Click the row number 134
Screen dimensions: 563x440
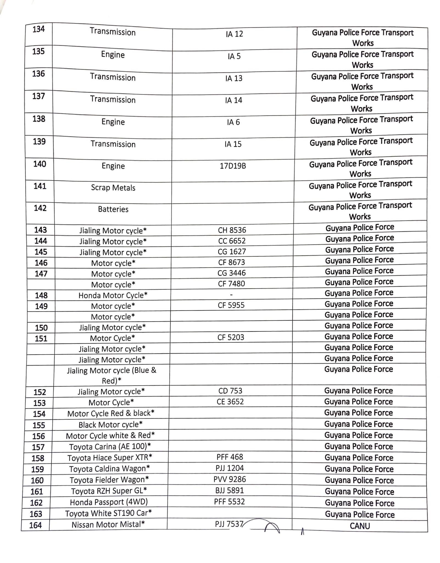(x=38, y=29)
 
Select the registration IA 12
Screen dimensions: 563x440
(x=234, y=34)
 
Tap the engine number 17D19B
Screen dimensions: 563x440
(x=233, y=166)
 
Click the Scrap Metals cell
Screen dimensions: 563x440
(x=113, y=188)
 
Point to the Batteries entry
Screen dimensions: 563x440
(x=113, y=209)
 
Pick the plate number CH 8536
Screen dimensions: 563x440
(x=232, y=230)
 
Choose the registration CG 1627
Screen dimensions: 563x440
(x=232, y=252)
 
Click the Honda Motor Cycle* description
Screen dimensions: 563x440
(x=113, y=295)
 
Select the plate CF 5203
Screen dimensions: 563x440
(x=231, y=337)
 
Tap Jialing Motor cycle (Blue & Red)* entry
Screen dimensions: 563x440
(x=112, y=376)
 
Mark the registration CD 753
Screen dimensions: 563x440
(x=230, y=391)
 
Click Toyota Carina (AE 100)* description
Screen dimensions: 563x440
(x=110, y=447)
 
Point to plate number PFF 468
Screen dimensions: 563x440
(x=230, y=457)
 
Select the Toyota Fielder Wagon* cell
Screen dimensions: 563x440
(x=109, y=480)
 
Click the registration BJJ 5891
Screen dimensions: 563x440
(x=230, y=491)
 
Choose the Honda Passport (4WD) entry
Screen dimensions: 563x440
(x=109, y=502)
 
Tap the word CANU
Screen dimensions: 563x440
(x=360, y=526)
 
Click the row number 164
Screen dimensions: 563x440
(x=35, y=525)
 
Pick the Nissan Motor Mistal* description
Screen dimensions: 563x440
(x=108, y=525)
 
